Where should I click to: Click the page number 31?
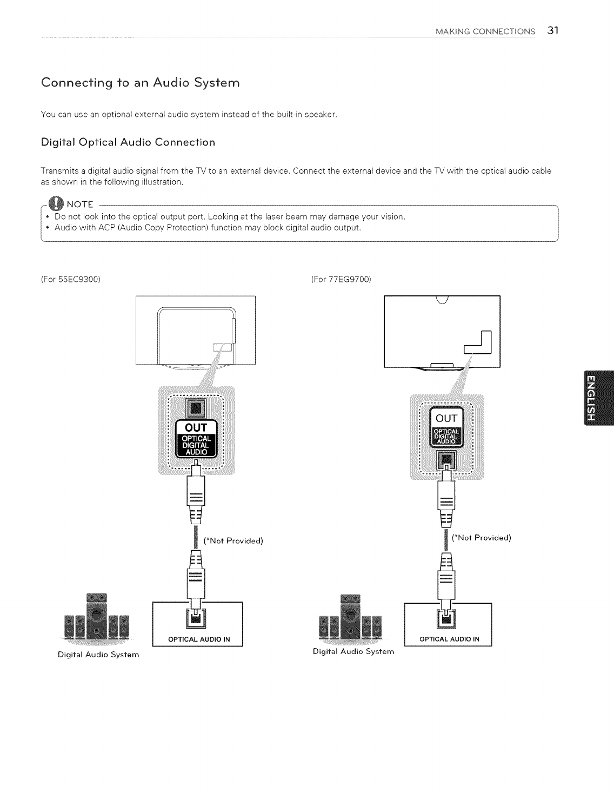(x=551, y=30)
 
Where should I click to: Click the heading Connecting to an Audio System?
(x=140, y=83)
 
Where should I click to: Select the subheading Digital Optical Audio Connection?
(x=128, y=142)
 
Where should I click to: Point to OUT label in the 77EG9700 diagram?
(x=446, y=417)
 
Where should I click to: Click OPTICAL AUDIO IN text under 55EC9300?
(x=199, y=639)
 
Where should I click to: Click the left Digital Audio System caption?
(x=98, y=655)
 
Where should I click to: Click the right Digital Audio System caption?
(x=353, y=652)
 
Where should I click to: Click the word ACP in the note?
(x=106, y=228)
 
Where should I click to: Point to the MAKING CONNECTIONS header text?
(x=485, y=31)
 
